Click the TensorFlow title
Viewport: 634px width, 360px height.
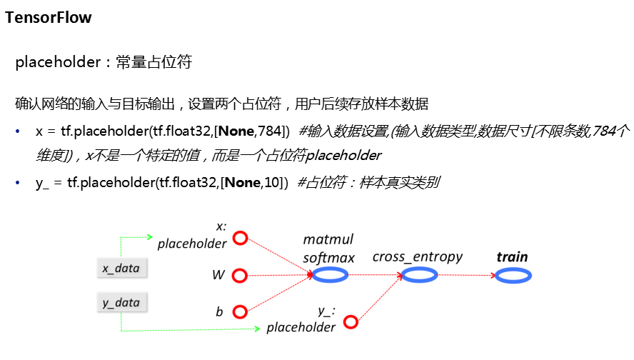[x=49, y=18]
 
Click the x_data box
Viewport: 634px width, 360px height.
[x=121, y=268]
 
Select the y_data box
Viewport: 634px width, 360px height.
[x=121, y=302]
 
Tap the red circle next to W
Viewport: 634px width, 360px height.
[x=240, y=275]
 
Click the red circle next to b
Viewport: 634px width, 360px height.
[x=240, y=311]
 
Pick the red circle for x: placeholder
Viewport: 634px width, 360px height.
[x=240, y=238]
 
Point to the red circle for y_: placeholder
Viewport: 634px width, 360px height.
[x=350, y=322]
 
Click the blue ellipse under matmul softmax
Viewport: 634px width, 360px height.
[x=333, y=275]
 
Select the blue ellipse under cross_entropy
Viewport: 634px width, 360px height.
[x=419, y=275]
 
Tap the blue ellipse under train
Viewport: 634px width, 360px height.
[x=513, y=275]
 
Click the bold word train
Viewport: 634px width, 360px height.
[x=513, y=257]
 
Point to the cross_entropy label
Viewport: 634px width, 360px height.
[x=418, y=256]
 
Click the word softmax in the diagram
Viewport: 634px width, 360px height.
[x=328, y=257]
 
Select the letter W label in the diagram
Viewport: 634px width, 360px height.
[x=218, y=275]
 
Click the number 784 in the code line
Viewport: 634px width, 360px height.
[x=272, y=131]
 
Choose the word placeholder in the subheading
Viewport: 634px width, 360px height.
[x=58, y=62]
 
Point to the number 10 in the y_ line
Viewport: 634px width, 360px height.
[x=271, y=183]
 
